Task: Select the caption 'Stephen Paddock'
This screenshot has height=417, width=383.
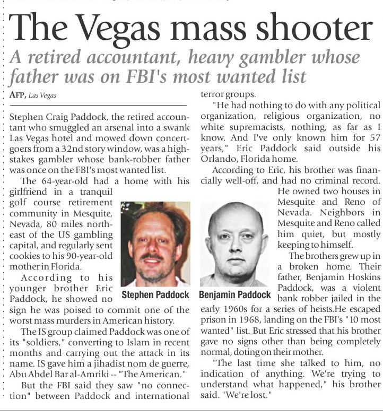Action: tap(155, 294)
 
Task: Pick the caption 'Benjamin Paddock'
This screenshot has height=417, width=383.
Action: tap(235, 294)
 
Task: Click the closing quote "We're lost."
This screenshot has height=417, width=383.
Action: tap(249, 396)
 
